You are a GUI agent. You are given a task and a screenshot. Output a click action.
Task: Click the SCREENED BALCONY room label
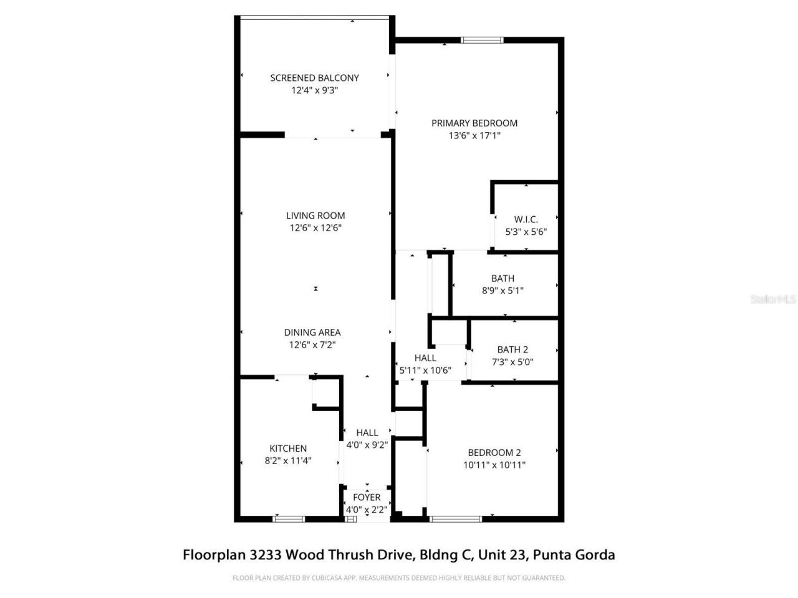[x=314, y=78]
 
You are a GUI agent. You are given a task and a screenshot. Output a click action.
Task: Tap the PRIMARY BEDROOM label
[x=474, y=123]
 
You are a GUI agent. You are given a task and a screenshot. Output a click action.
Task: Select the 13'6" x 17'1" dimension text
[x=474, y=135]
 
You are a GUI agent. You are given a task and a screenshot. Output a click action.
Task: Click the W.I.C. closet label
[x=526, y=219]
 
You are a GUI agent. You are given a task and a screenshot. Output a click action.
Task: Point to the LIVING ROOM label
[x=315, y=216]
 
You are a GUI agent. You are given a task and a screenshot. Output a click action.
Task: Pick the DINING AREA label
[x=312, y=333]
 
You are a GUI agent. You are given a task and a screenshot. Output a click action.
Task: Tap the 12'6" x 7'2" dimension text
[x=312, y=344]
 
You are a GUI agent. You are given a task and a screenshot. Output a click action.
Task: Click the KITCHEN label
[x=288, y=448]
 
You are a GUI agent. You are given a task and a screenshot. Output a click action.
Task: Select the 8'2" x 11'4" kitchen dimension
[x=288, y=461]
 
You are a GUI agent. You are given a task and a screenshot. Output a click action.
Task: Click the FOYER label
[x=367, y=497]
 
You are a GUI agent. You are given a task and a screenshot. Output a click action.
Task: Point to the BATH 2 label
[x=512, y=349]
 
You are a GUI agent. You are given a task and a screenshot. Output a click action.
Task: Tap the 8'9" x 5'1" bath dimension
[x=502, y=290]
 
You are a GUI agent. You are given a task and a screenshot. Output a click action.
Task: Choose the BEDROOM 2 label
[x=494, y=453]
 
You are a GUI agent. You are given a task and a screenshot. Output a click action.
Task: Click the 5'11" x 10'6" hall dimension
[x=425, y=371]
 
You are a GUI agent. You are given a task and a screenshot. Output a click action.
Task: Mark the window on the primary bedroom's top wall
[x=482, y=40]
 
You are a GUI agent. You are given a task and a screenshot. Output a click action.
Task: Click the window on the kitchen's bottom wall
[x=289, y=518]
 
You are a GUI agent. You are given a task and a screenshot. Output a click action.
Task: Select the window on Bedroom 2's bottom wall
[x=456, y=518]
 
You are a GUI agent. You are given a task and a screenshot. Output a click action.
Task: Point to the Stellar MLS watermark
[x=773, y=300]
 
